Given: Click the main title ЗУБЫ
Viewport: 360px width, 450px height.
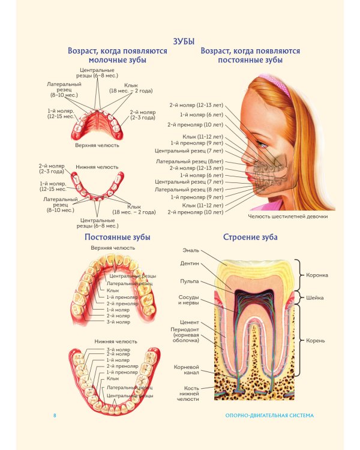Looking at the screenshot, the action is (184, 41).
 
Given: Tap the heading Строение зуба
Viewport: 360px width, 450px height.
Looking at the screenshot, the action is (250, 238).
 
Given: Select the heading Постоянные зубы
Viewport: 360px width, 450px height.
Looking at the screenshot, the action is (118, 238).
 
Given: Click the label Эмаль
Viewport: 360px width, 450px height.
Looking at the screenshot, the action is (191, 251).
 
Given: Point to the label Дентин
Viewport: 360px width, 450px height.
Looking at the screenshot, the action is (190, 263).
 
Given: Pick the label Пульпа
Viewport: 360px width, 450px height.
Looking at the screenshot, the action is (190, 281).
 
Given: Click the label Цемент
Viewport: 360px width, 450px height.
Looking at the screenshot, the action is (190, 322).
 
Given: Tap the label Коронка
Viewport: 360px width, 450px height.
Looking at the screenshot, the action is (317, 275).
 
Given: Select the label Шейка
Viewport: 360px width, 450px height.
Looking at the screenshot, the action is (314, 298).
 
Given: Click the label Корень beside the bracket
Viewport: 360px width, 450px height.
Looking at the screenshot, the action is (315, 341).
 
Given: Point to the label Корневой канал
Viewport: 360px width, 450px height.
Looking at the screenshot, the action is (187, 370).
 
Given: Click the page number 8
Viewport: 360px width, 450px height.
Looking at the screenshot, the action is (55, 415).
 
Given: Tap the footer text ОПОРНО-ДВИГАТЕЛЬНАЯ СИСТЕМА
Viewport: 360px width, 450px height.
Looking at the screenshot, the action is (269, 415).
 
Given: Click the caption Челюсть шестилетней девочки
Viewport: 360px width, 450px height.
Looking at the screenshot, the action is (288, 217).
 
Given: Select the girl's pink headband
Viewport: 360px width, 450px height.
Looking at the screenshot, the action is (275, 85).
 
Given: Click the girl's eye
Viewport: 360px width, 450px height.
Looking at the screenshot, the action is (261, 144).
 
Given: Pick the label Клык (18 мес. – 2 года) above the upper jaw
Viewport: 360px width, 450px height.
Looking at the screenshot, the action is (131, 88).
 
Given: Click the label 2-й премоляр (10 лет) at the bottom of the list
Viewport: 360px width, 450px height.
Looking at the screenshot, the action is (196, 212).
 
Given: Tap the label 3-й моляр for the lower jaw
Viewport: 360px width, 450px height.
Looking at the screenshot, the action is (118, 350).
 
